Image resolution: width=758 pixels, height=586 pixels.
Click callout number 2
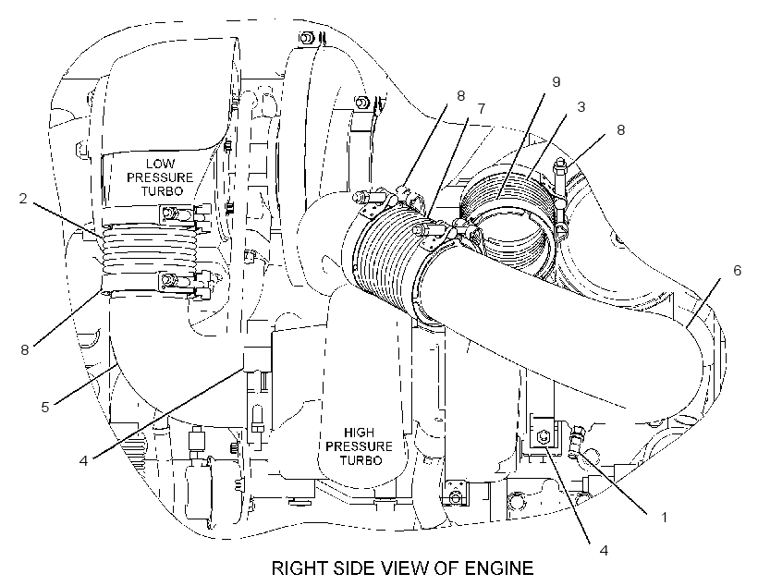(x=23, y=198)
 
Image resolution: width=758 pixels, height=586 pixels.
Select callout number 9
(x=556, y=82)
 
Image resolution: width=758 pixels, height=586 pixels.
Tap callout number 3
(x=581, y=107)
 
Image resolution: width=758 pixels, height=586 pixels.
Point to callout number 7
(x=481, y=109)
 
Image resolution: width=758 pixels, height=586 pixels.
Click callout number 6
(x=737, y=270)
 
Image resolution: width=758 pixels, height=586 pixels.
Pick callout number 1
(x=665, y=518)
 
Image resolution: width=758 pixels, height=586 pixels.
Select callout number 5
(x=45, y=407)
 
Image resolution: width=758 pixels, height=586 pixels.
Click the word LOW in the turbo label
(x=161, y=164)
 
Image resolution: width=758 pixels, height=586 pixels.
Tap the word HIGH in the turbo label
(x=359, y=433)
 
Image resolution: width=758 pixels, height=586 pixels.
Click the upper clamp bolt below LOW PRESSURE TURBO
(x=169, y=213)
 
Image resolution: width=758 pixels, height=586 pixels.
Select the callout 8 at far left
(x=25, y=349)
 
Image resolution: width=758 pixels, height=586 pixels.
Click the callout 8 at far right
(x=620, y=130)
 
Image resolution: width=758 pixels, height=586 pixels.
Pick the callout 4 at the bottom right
(x=604, y=550)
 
